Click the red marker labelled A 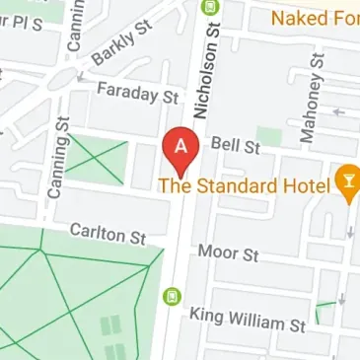181,149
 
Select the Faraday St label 137,96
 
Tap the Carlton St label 108,234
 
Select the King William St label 248,321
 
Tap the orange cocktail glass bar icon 347,180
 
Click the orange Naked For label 315,18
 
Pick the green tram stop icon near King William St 171,295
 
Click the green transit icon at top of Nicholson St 207,6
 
